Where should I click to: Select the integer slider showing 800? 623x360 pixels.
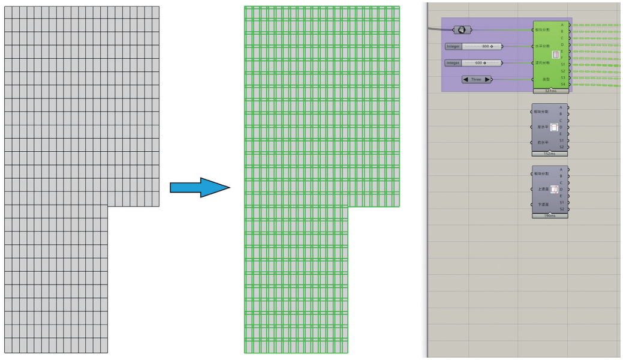474,46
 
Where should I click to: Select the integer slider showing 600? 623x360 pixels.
473,63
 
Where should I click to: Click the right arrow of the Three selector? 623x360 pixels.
487,79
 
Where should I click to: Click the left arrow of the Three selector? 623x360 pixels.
466,79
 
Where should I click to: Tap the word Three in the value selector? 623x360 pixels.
476,79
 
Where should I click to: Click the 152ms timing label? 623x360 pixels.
549,154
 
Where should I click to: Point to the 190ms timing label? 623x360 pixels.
549,215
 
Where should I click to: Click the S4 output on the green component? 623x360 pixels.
562,84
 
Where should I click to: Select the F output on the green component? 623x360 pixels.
562,58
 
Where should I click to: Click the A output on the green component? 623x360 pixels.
562,25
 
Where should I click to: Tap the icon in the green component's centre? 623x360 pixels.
555,55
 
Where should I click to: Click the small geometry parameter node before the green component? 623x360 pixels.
461,29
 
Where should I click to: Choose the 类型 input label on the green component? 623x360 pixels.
546,79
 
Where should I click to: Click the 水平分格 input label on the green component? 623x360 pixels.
543,46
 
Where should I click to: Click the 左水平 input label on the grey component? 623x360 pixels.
543,127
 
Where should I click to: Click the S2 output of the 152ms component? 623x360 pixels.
562,147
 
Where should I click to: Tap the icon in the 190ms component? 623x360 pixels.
555,190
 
